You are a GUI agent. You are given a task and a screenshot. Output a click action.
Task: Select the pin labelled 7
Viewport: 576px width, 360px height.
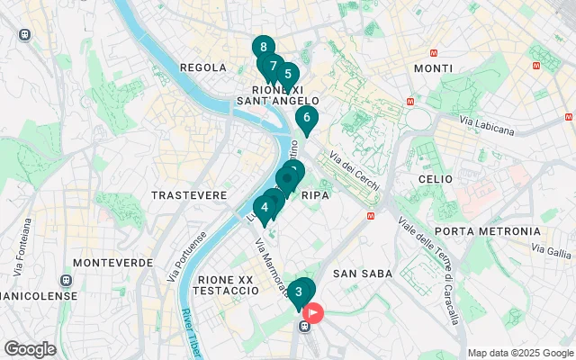tap(273, 66)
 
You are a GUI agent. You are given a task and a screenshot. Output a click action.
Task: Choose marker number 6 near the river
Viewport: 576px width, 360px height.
tap(306, 117)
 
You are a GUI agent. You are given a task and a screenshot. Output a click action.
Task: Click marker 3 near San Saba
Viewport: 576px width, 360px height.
tap(299, 292)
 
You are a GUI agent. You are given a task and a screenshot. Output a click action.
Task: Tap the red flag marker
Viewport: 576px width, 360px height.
tap(313, 313)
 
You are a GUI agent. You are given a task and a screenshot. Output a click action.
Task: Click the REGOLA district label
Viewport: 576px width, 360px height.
tap(203, 67)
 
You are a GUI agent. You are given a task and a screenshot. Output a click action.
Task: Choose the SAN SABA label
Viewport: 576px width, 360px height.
tap(358, 273)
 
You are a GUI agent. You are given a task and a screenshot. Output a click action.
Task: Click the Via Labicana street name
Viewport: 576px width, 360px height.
tap(487, 125)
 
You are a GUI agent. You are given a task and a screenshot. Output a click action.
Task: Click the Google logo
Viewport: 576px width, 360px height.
tap(30, 349)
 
